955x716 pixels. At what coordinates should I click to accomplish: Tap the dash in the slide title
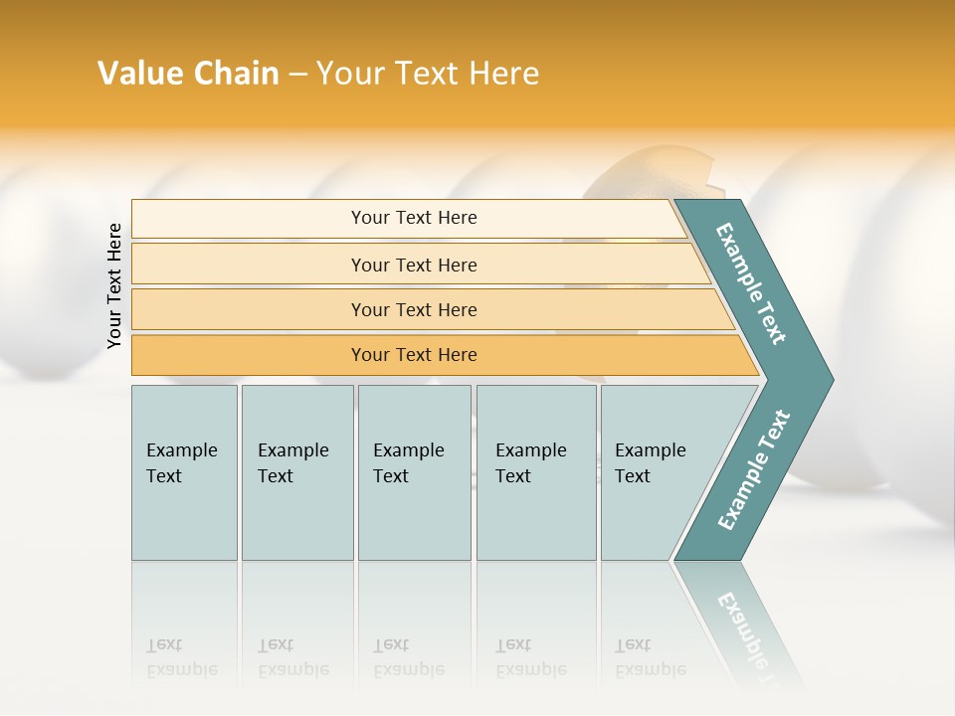coord(297,75)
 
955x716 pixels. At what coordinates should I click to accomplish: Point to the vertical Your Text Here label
coord(114,286)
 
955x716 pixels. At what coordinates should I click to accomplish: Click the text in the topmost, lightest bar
coord(414,218)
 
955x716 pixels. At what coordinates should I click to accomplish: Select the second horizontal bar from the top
coord(414,265)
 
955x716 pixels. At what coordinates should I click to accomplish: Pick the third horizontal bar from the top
coord(414,309)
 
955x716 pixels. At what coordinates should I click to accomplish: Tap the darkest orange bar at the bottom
coord(414,355)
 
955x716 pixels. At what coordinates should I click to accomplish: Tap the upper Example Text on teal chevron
coord(752,283)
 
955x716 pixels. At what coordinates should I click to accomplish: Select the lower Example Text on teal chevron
coord(754,469)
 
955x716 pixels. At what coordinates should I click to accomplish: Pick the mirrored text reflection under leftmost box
coord(182,657)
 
